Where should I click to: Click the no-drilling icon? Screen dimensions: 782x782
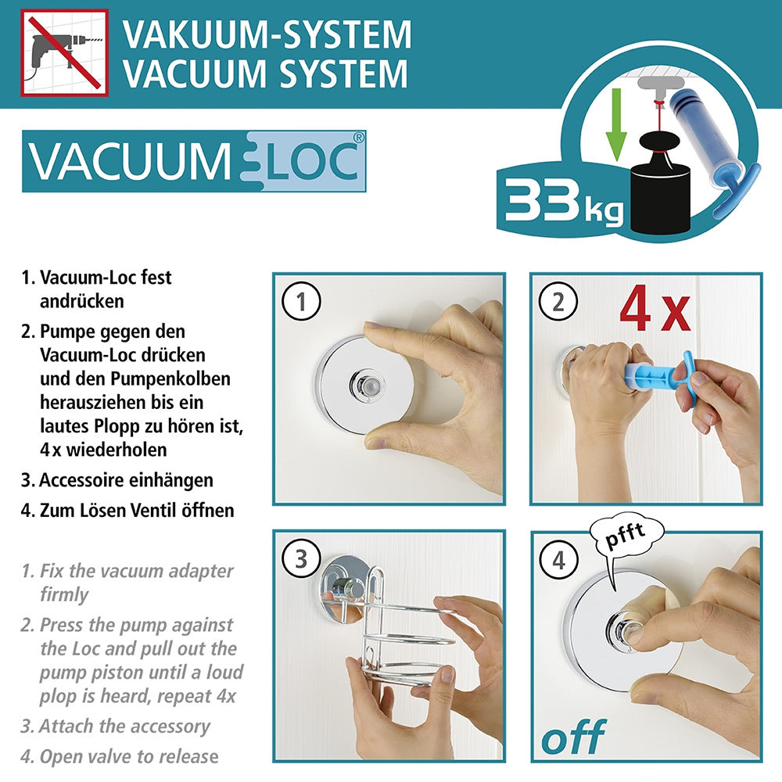point(64,52)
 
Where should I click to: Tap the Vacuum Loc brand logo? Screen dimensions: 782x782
point(194,161)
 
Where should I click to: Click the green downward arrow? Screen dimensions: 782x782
point(616,124)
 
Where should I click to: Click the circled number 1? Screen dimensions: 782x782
point(301,301)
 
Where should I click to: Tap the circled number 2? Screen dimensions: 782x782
point(558,302)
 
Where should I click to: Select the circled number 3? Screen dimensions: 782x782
point(301,558)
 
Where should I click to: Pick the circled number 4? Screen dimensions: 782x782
point(558,560)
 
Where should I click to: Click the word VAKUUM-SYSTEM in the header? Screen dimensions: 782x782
point(267,34)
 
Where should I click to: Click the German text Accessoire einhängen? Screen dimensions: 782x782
point(126,480)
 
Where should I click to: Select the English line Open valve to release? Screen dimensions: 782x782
point(129,756)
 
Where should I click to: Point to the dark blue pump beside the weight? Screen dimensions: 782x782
point(703,140)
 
